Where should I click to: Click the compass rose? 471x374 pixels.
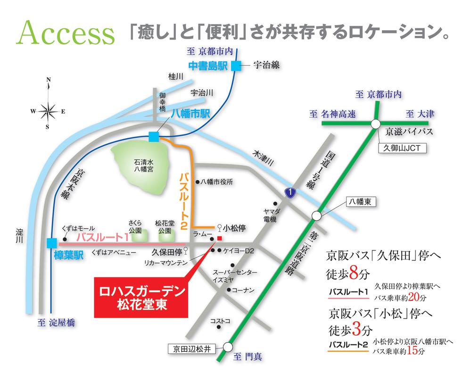click(x=48, y=111)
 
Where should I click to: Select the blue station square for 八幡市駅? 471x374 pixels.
click(x=154, y=137)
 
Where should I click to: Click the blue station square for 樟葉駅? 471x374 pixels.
click(x=51, y=243)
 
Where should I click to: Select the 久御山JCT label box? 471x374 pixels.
click(x=402, y=149)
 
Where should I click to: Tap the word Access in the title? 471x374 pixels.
click(x=66, y=34)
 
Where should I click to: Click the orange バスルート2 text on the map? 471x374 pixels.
click(x=184, y=200)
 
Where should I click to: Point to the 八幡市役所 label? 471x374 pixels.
click(x=217, y=181)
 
